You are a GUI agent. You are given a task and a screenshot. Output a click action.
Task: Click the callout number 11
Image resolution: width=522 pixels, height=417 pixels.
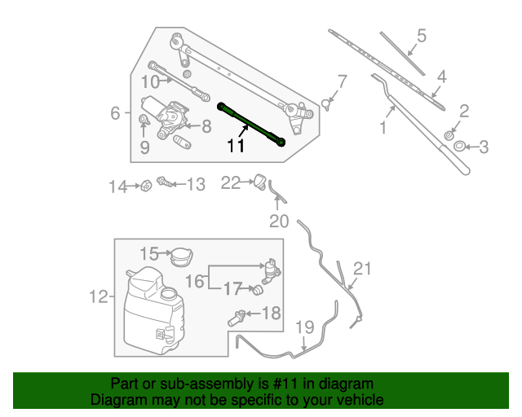tap(236, 147)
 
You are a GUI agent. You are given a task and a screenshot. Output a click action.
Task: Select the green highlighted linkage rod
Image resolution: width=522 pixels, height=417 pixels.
tap(251, 124)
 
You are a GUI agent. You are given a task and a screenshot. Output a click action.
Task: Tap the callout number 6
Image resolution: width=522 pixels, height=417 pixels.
tap(115, 113)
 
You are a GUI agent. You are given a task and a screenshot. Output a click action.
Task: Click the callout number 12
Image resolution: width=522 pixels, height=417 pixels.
tap(98, 297)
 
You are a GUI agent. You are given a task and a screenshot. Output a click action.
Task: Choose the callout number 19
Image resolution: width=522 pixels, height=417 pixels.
tap(304, 327)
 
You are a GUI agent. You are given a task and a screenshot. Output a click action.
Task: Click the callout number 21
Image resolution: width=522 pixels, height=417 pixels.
tap(362, 270)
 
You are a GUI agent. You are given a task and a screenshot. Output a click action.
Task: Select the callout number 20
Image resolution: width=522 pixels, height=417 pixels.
tap(279, 221)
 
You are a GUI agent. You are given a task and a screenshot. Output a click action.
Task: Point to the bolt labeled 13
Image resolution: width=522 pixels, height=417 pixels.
tap(163, 184)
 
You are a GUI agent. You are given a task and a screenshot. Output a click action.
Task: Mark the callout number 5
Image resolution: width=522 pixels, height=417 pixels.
tap(422, 36)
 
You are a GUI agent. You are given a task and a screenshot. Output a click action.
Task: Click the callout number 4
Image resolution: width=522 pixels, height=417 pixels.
tap(441, 77)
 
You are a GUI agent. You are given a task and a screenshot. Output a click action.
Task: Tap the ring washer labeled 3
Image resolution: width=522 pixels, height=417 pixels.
tap(459, 147)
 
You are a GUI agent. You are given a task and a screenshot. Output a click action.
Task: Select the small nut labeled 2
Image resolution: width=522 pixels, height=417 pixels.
tap(449, 134)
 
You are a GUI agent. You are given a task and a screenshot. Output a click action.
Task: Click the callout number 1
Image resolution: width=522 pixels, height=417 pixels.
tap(382, 128)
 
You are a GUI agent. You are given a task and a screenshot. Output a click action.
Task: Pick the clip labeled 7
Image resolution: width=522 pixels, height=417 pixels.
tap(326, 103)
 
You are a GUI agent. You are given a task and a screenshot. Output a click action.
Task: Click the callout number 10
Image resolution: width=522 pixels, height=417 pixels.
tap(150, 81)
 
